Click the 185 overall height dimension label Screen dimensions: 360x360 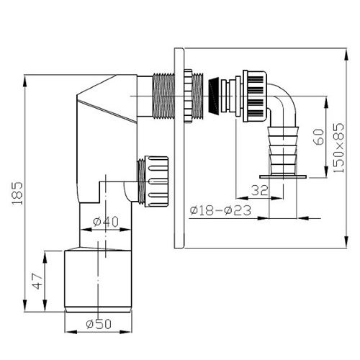point(17,193)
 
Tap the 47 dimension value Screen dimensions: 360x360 point(37,282)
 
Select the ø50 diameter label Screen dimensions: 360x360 point(99,324)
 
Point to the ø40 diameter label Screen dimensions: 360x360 point(106,222)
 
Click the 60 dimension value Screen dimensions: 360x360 point(319,137)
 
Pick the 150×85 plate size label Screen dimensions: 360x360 point(338,148)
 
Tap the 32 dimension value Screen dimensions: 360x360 point(259,191)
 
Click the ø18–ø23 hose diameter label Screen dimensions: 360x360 point(220,210)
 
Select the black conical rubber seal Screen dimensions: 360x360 point(215,96)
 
